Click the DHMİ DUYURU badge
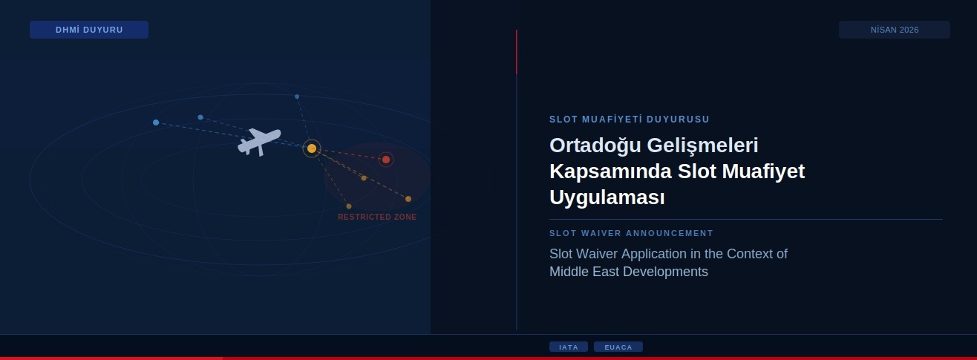89,30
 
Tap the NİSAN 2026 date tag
894,30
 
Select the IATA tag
569,347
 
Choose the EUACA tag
618,347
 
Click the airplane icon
258,141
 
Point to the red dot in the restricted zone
386,160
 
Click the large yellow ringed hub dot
312,148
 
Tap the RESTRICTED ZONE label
377,217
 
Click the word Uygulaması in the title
607,198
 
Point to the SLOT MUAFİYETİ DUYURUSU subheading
630,119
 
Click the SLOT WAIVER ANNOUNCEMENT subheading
631,233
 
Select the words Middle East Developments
628,272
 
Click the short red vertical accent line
517,52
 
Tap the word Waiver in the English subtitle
598,254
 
